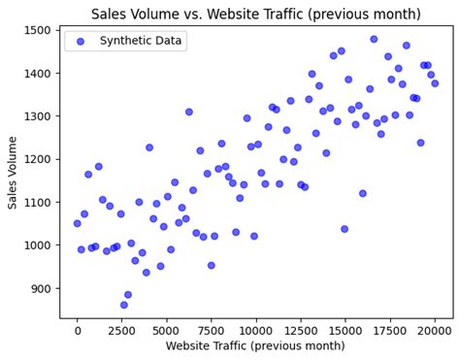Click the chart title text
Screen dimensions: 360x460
256,14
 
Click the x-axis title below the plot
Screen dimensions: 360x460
255,346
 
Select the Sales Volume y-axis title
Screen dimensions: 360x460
14,172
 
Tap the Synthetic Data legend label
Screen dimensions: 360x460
141,41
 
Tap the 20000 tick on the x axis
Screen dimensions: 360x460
435,330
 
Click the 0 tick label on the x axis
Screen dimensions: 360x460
78,330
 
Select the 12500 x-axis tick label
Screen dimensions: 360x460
301,330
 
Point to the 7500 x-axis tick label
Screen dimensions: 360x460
212,330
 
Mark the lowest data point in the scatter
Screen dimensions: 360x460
124,305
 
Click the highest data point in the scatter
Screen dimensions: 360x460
374,40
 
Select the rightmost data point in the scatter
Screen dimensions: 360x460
435,83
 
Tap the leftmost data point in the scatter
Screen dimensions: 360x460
78,223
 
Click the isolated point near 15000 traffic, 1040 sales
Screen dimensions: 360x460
345,229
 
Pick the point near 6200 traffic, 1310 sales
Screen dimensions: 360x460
189,112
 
